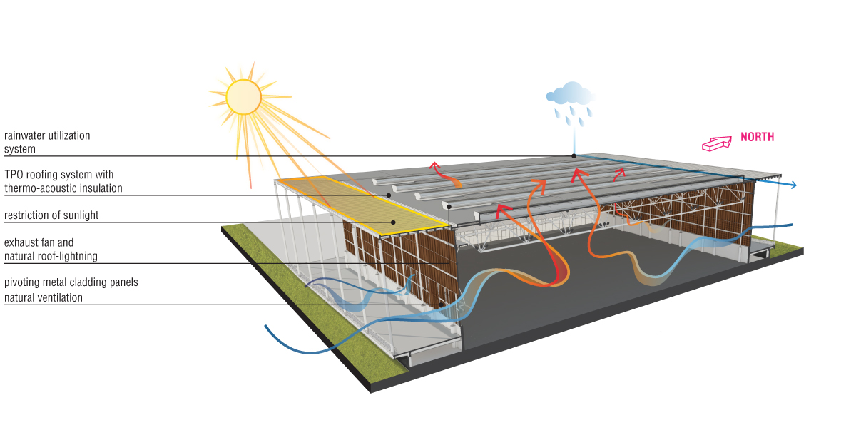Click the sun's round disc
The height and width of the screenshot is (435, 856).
[x=244, y=96]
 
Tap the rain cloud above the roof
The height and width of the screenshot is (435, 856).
[x=571, y=93]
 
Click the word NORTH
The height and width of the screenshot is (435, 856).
[x=757, y=137]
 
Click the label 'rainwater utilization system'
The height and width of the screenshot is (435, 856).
[x=47, y=142]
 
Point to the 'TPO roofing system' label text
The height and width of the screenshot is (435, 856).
[x=59, y=174]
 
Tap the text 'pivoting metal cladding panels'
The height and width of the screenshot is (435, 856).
[x=71, y=282]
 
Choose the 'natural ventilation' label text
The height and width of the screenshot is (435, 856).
[x=44, y=297]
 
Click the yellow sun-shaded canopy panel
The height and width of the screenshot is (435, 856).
[x=364, y=203]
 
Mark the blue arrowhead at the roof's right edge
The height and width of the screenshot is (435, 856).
[x=793, y=186]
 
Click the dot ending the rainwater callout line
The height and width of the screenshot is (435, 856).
[x=573, y=155]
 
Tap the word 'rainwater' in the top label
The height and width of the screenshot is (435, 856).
[x=26, y=135]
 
